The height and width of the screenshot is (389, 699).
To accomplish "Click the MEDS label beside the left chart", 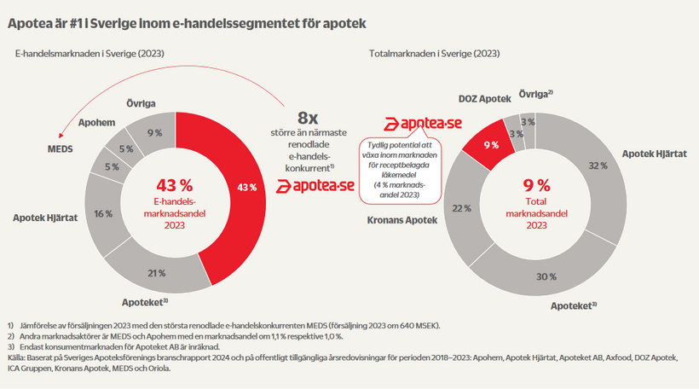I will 60,148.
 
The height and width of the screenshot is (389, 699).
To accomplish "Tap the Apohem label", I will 97,123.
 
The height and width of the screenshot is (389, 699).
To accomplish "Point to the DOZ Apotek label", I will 483,99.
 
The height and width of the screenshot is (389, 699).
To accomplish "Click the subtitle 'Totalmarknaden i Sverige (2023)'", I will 434,53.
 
